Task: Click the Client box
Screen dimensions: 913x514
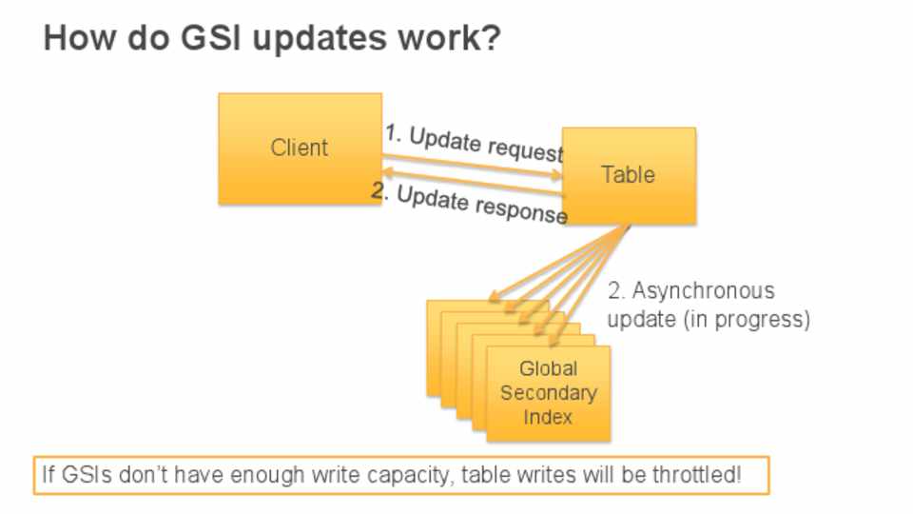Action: click(300, 148)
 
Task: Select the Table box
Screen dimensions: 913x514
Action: click(629, 175)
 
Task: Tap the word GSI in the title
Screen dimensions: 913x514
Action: click(210, 38)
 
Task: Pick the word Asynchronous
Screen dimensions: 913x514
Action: click(704, 291)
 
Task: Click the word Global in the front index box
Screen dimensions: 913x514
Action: click(548, 368)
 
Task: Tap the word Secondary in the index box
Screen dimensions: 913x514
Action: click(549, 393)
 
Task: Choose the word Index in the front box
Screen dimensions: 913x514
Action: click(548, 417)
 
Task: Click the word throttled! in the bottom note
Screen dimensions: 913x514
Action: click(697, 474)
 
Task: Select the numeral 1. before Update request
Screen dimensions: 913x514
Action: click(393, 133)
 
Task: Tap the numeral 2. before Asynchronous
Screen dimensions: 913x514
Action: click(616, 291)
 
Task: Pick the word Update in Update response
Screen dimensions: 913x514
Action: click(432, 199)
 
